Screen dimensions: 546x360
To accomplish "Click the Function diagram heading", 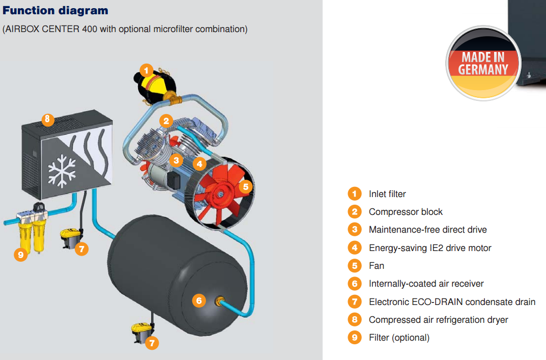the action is click(55, 11).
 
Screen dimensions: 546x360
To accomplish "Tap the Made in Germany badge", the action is click(483, 63).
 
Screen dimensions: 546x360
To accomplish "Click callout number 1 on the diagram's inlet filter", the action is click(146, 71).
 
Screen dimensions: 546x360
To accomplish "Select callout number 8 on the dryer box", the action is click(48, 120).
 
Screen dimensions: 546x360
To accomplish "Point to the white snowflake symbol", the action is click(62, 171).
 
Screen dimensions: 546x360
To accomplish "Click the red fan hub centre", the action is click(220, 195).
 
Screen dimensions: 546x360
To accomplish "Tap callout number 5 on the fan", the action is click(246, 187).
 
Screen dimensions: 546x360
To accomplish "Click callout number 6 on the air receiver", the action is click(199, 300).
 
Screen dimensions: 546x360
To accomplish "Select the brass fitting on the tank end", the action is click(219, 301).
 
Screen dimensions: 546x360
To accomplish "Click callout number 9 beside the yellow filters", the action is click(21, 255).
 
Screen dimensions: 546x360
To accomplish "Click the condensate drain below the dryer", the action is click(71, 238).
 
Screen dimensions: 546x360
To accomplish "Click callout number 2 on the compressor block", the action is click(166, 121).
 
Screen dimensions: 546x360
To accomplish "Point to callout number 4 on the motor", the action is click(199, 163).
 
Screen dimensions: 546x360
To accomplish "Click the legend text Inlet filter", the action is click(387, 194).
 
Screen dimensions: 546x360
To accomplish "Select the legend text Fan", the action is click(377, 266).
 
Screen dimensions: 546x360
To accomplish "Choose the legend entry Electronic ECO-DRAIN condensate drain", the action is click(452, 302).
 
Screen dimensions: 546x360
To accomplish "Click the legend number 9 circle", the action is click(355, 338).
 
